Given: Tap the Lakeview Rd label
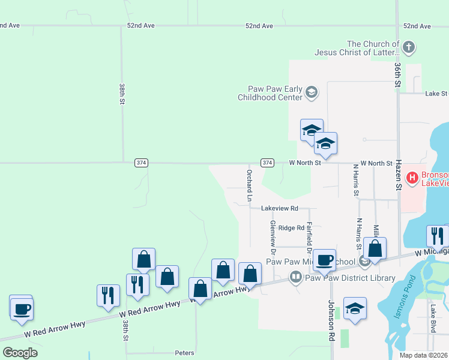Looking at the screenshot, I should point(279,208).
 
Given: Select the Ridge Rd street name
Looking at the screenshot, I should point(291,228).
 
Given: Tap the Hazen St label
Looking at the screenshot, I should point(397,177).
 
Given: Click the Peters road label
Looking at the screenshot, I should point(184,353).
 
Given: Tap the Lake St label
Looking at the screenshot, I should point(436,94).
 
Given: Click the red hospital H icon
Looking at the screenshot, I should point(412,178).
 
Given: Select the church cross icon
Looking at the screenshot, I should point(408,47).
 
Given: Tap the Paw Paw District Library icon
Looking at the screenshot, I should point(295,277).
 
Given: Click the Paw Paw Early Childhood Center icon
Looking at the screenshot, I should point(311,92).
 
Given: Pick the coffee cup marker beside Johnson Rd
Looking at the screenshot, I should point(324,260).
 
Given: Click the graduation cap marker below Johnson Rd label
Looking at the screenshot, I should point(355,309).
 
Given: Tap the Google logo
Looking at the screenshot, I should point(20,353).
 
